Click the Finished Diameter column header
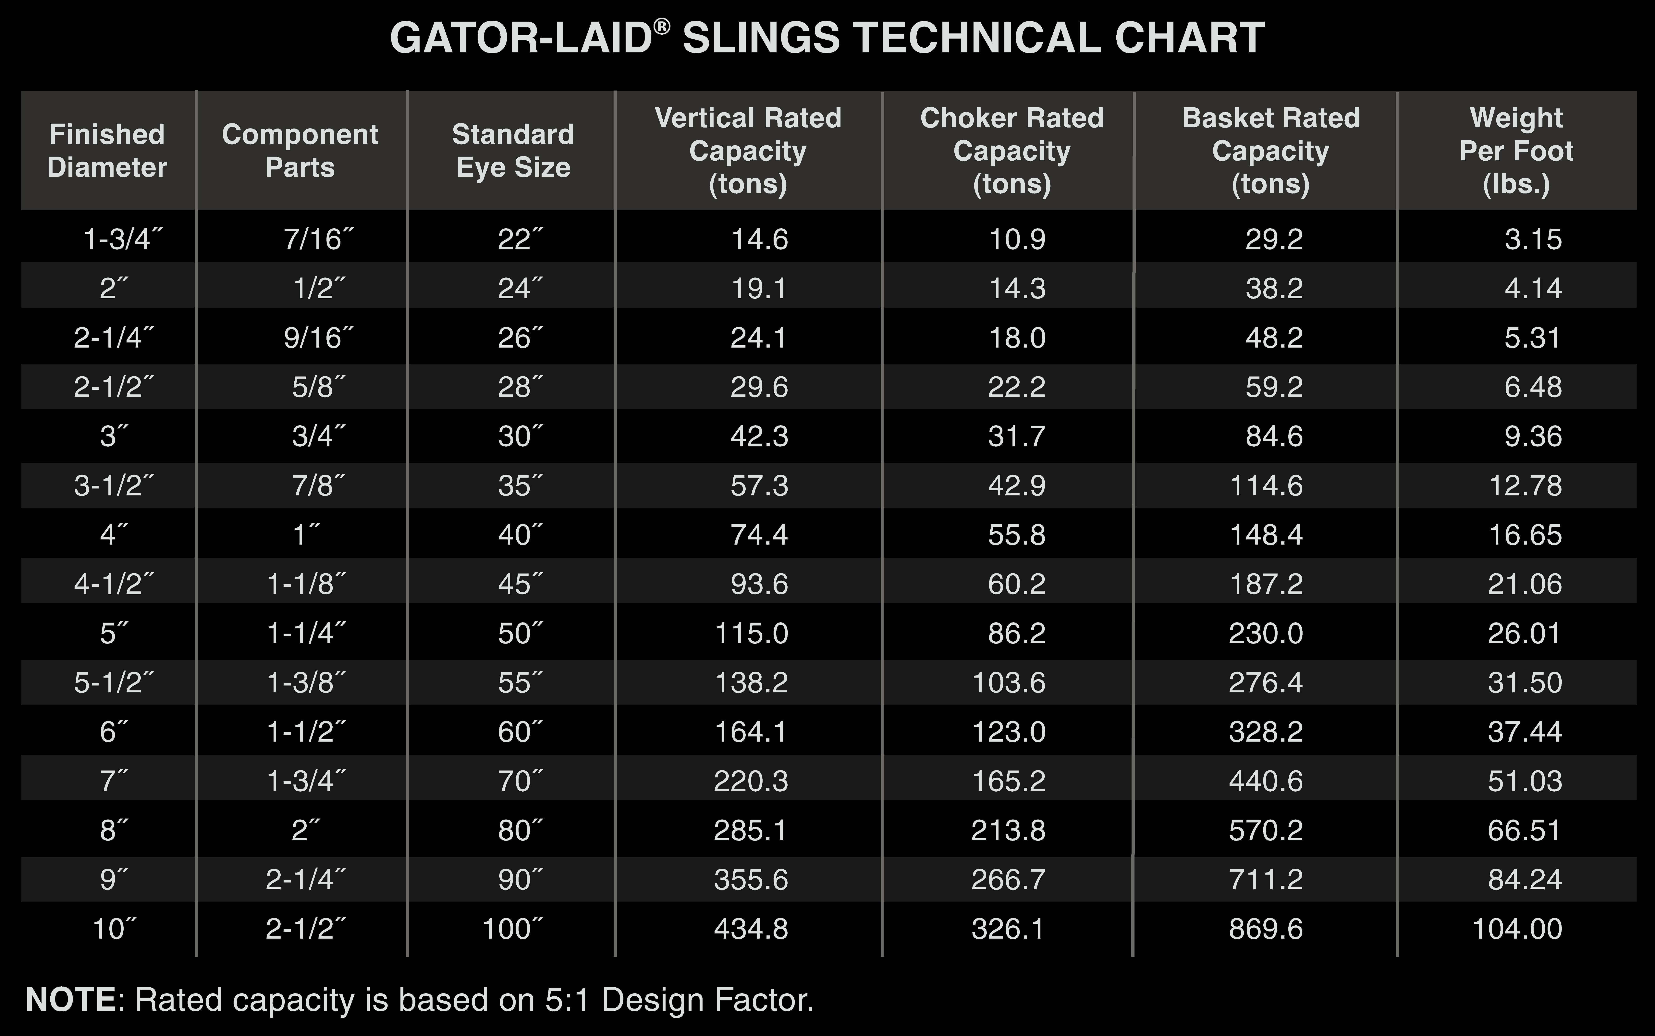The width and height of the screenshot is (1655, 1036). pos(107,151)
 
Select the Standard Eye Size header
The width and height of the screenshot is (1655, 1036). pos(513,151)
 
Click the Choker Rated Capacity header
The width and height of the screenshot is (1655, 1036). pos(1012,151)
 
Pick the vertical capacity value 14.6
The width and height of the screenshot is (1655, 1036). pos(760,239)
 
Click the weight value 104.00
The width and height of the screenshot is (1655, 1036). pos(1517,929)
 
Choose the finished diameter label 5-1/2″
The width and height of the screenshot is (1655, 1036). pos(114,683)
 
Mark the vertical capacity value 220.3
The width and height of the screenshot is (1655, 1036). pos(751,781)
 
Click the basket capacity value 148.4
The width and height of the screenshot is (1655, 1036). pos(1266,535)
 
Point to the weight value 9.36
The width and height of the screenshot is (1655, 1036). pos(1533,437)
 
